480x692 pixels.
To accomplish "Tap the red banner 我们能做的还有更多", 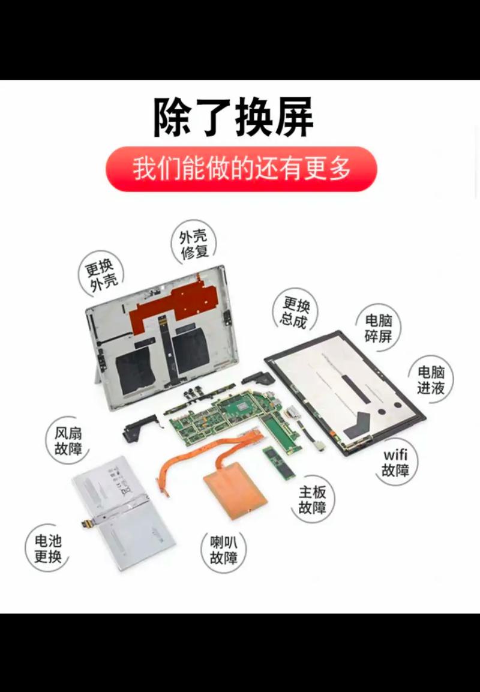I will tap(241, 169).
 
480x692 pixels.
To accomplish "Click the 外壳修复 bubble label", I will tap(193, 245).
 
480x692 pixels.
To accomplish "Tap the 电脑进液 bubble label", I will tap(431, 380).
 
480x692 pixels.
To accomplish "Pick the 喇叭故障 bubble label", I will tap(224, 550).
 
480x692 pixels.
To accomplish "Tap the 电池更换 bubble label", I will tap(48, 549).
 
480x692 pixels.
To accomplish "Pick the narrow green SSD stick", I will tap(279, 462).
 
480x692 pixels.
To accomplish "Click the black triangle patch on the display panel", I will tap(360, 424).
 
